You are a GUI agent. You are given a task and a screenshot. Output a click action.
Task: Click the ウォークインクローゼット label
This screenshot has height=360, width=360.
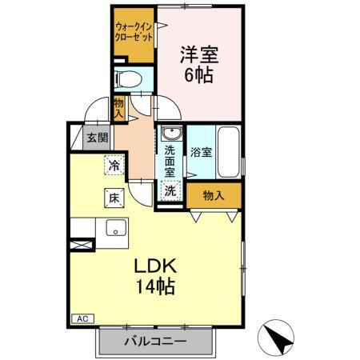click(133, 32)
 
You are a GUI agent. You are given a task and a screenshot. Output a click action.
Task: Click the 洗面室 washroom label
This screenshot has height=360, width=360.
click(170, 159)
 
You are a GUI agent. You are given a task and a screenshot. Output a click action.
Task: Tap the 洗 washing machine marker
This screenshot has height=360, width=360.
click(170, 191)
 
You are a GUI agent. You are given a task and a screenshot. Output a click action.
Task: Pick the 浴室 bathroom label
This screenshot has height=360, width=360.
click(202, 151)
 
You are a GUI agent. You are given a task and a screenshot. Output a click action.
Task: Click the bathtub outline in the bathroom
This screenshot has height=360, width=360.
click(229, 152)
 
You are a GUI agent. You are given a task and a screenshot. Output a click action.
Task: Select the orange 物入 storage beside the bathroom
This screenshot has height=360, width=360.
click(212, 194)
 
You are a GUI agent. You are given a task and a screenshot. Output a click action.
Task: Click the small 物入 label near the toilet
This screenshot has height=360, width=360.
click(118, 107)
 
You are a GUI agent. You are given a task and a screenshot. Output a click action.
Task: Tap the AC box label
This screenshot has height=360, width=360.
click(82, 318)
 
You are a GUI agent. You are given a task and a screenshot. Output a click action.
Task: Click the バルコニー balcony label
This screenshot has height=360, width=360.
click(155, 342)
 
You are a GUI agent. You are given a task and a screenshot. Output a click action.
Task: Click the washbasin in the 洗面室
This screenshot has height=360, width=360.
click(170, 134)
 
